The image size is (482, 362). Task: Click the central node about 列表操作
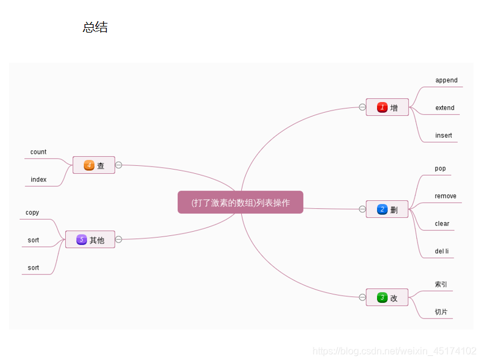click(x=240, y=203)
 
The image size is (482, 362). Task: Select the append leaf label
click(x=446, y=80)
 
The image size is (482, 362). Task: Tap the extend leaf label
click(x=445, y=108)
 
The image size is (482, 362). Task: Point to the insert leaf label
click(x=443, y=136)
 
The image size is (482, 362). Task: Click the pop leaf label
click(x=440, y=168)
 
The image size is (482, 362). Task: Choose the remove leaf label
click(x=445, y=196)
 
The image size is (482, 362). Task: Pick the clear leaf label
click(x=442, y=224)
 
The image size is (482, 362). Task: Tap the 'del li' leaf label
click(x=442, y=251)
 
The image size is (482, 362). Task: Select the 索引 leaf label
click(x=441, y=284)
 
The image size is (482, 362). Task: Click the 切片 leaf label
click(x=441, y=312)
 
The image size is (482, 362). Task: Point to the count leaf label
click(x=39, y=152)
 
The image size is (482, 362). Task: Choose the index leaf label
click(x=39, y=180)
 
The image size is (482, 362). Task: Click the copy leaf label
click(x=33, y=213)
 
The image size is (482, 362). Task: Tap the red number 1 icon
click(x=382, y=107)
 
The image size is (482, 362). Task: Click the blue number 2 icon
click(x=382, y=209)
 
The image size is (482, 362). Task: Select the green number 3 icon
click(x=382, y=297)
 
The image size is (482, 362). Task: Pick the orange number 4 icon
click(x=89, y=165)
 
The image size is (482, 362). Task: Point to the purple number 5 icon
click(x=81, y=240)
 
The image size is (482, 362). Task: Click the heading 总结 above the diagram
click(x=95, y=28)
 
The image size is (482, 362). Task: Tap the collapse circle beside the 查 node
click(x=119, y=165)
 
